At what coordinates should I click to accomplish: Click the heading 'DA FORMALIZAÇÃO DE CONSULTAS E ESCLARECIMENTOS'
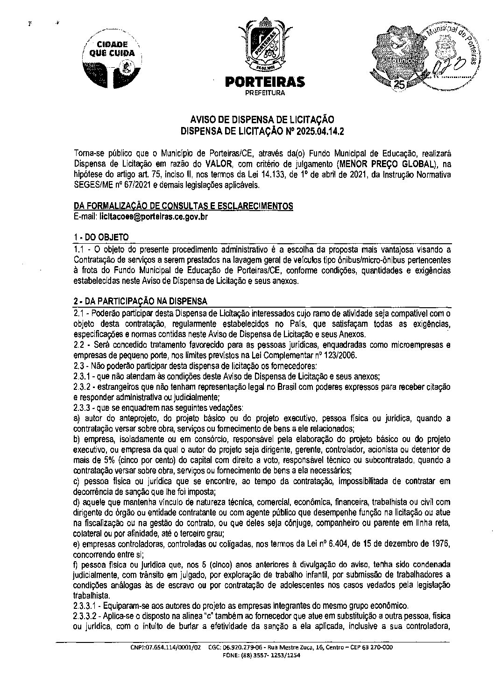183,206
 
